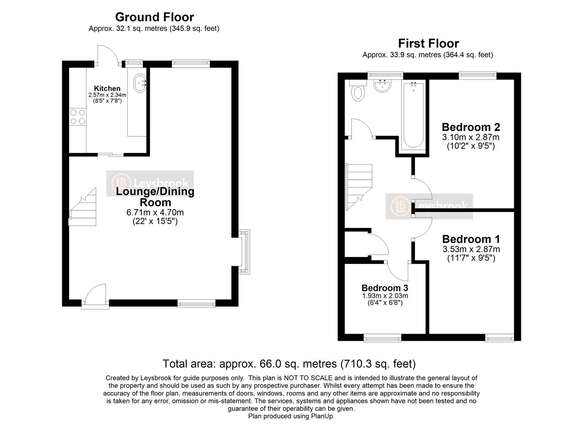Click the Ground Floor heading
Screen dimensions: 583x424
click(x=154, y=17)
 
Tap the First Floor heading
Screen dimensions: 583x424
click(x=428, y=44)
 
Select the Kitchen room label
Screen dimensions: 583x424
click(x=107, y=89)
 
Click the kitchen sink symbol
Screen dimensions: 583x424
click(x=140, y=82)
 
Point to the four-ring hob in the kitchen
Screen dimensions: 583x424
click(x=77, y=117)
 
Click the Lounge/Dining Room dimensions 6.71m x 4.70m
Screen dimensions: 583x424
click(x=155, y=212)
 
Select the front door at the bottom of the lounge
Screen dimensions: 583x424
click(x=95, y=297)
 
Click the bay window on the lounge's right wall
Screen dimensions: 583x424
click(x=244, y=252)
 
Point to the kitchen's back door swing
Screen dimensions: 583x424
click(x=107, y=56)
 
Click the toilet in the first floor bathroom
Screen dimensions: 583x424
click(x=358, y=92)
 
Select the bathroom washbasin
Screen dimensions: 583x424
click(x=382, y=85)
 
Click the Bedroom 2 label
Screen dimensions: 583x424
click(x=471, y=127)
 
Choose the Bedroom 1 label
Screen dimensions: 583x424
click(x=471, y=239)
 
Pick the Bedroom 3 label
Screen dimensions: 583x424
click(x=385, y=288)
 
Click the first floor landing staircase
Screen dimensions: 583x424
click(x=359, y=184)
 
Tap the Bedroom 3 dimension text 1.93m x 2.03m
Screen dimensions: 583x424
click(x=385, y=296)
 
